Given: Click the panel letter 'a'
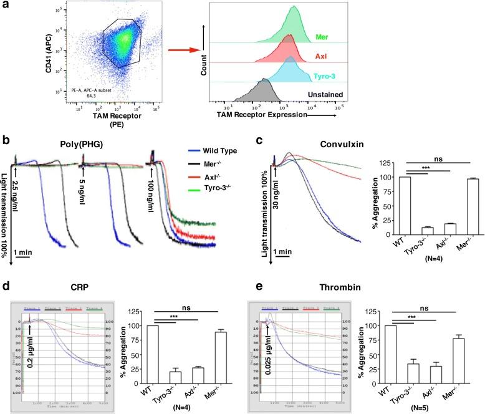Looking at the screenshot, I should tap(6, 6).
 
